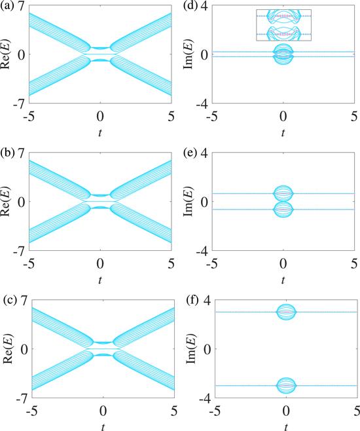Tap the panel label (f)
click(191, 301)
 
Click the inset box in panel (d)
click(283, 10)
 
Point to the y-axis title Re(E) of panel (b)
click(9, 201)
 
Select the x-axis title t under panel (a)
click(100, 133)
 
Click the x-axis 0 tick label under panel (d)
click(283, 117)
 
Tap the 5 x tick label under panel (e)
click(354, 264)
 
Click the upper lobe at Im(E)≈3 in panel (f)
click(287, 305)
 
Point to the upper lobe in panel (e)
click(283, 187)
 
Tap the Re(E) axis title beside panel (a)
click(9, 54)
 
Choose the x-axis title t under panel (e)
click(283, 280)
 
